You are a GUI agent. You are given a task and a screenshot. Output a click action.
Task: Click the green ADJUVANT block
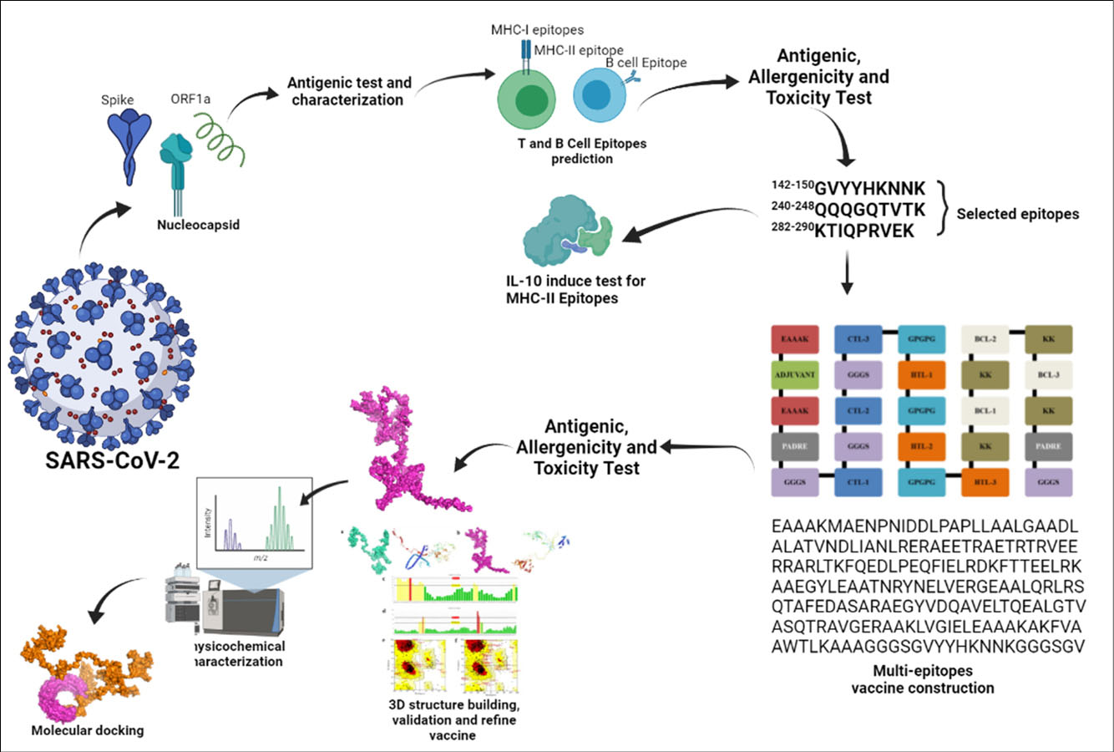(x=794, y=374)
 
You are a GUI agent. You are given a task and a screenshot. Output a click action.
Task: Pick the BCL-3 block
(x=1048, y=374)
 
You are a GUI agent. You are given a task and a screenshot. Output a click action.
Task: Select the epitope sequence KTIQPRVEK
(x=864, y=231)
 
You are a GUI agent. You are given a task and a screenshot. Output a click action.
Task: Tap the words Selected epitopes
(x=1017, y=214)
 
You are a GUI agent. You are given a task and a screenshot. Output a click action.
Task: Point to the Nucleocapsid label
(x=198, y=225)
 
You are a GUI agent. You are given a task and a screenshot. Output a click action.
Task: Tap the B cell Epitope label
(x=646, y=63)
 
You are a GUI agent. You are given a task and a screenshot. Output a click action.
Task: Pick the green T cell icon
(x=528, y=99)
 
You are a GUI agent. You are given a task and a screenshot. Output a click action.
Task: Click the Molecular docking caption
(x=87, y=730)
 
